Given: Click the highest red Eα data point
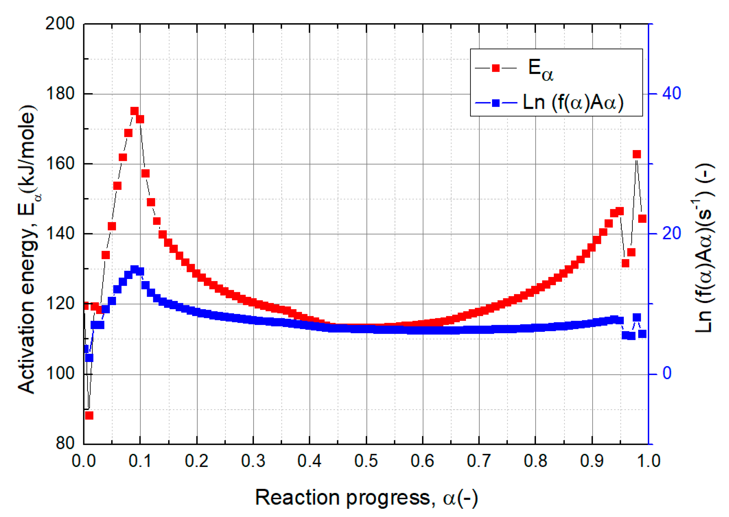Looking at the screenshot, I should (134, 111).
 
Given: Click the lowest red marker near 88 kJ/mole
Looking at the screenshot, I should (89, 416).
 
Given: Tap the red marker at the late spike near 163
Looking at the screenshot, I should (637, 154).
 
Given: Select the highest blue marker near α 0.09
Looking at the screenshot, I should (134, 269).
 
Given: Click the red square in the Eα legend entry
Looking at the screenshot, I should (496, 68).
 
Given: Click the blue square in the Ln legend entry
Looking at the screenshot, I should (496, 103).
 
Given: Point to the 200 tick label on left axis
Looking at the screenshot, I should (60, 23).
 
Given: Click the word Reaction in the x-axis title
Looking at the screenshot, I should (298, 498).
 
